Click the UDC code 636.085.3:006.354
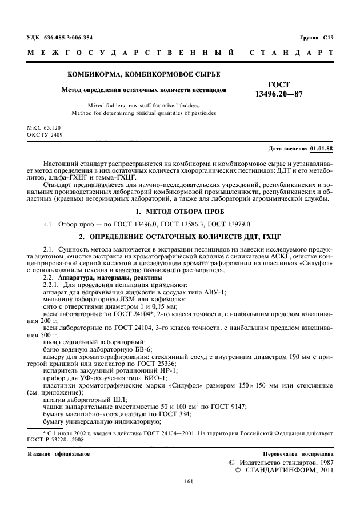tap(69, 37)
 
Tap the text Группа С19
tap(316, 37)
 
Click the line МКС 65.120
tap(44, 129)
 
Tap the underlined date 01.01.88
tap(322, 149)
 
